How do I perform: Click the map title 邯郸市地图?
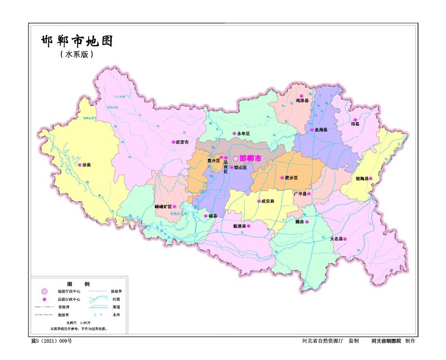point(77,41)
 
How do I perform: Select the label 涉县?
point(86,166)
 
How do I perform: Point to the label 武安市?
point(183,142)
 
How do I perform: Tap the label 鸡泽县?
point(302,101)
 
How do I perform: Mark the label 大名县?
point(336,239)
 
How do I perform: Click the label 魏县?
point(299,222)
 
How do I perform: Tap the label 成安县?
point(268,201)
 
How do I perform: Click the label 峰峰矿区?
point(162,206)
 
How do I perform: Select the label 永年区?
point(244,134)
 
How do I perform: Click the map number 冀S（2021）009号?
point(51,340)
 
